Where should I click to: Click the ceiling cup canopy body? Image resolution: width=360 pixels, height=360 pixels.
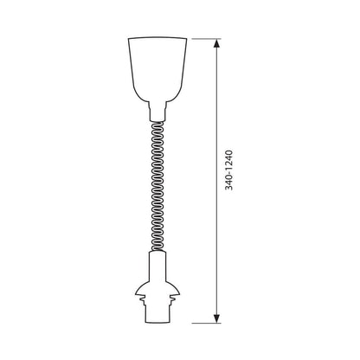[157, 69]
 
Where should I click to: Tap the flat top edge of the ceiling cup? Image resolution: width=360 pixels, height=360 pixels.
[157, 37]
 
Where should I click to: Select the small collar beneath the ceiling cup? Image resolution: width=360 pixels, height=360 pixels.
[157, 111]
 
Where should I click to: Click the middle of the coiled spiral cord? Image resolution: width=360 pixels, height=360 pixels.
[157, 186]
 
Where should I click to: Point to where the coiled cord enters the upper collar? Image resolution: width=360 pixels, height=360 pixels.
[157, 121]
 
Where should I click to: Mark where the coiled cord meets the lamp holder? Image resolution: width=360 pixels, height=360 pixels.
[157, 251]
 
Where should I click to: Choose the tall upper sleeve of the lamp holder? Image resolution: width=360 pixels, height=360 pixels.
[157, 266]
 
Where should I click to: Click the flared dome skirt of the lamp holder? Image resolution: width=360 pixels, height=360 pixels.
[157, 288]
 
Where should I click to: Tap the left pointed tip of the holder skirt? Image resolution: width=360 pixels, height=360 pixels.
[135, 294]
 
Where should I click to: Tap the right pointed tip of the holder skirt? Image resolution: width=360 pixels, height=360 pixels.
[180, 294]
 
